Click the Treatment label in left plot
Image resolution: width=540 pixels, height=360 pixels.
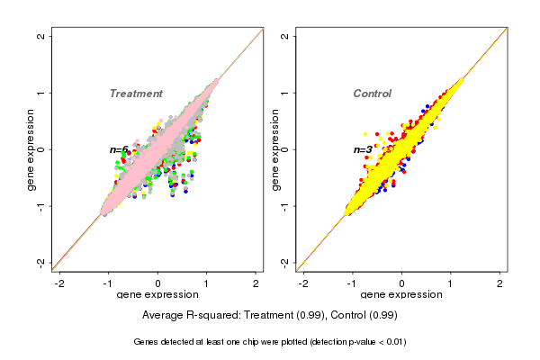136,94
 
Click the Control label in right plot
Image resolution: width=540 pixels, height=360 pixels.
372,94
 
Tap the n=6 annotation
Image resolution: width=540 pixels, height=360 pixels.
119,149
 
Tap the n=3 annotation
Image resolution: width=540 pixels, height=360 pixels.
363,149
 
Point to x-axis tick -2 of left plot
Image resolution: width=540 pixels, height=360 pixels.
59,283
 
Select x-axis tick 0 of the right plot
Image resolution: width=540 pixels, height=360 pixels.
402,283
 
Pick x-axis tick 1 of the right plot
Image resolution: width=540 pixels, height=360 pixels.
451,283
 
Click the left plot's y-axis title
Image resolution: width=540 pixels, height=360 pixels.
31,149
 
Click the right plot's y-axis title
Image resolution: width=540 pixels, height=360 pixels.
275,149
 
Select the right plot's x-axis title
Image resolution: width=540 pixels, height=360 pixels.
401,295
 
